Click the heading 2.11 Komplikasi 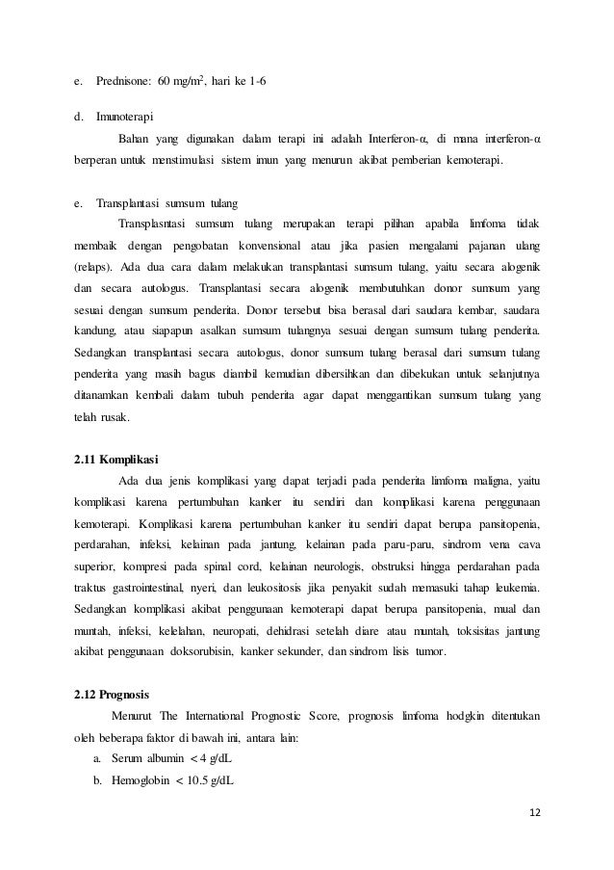click(117, 458)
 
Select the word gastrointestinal click(167, 586)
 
